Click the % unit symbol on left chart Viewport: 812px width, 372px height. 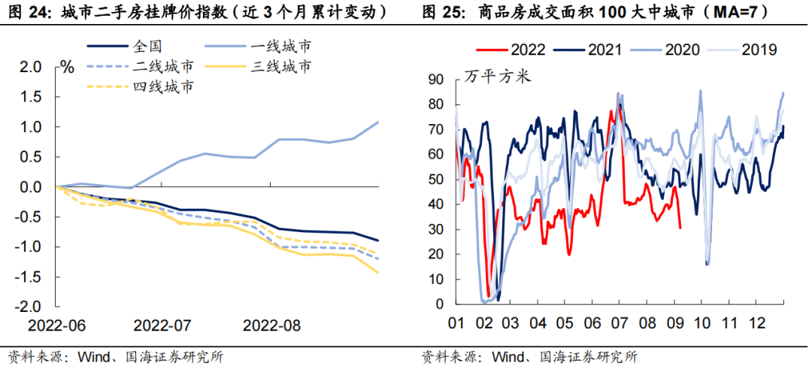(68, 67)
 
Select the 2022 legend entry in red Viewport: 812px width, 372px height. (527, 50)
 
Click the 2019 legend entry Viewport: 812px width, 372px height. (759, 50)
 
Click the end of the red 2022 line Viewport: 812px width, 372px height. (680, 228)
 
